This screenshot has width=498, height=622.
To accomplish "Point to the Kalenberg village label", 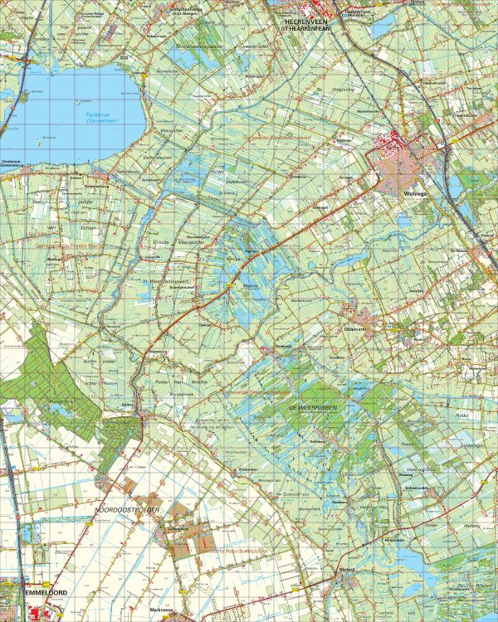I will pos(315,442).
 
